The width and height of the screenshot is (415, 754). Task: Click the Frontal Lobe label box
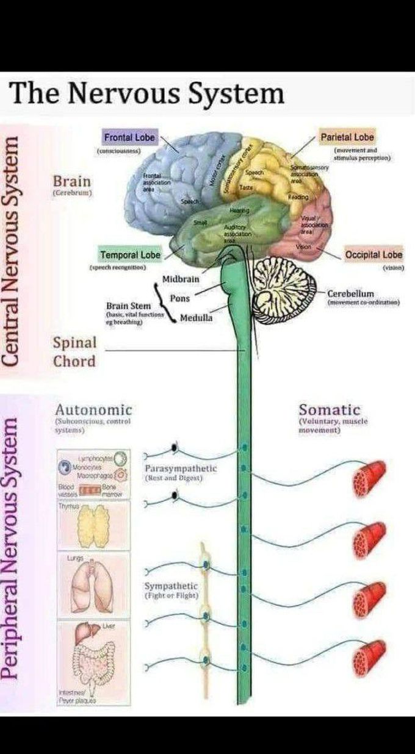point(129,138)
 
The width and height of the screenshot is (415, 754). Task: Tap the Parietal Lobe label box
point(347,137)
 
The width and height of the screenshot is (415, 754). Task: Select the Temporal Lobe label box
point(130,254)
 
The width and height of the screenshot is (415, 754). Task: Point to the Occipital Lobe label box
point(374,254)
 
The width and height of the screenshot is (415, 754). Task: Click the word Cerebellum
point(350,293)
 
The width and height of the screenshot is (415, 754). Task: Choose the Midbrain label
point(181,279)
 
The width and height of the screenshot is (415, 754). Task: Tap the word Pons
point(179,299)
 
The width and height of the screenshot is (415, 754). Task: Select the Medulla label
point(196,318)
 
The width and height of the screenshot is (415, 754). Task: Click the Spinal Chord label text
point(74,352)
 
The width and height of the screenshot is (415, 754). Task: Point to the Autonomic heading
point(93,409)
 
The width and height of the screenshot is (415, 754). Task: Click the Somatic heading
point(329,410)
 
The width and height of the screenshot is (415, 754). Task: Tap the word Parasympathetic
point(181,469)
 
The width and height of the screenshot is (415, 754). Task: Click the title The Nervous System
point(147,94)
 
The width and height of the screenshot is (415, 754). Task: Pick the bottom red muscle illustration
point(369,656)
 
